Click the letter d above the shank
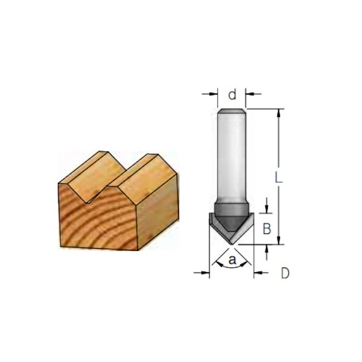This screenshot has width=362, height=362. point(232,95)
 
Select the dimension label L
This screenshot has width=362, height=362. point(279,177)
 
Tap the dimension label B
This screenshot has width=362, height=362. point(267,229)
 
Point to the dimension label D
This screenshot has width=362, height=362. point(285,273)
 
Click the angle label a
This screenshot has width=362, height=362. point(232,259)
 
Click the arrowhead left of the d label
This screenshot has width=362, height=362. point(214,94)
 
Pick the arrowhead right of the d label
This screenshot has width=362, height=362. point(250,94)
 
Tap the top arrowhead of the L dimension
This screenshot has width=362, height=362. point(279,113)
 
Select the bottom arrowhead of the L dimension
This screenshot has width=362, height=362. point(279,240)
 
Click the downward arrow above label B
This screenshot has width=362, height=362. point(267,206)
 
